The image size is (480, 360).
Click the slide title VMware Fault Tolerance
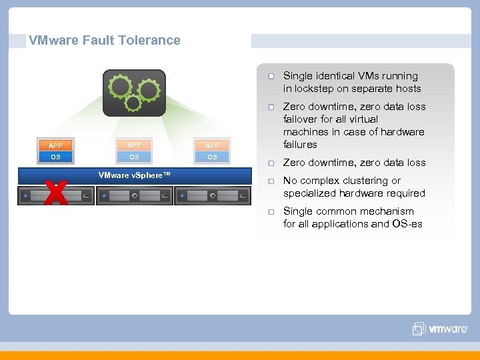pyautogui.click(x=105, y=40)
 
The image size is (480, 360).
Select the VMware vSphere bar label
pyautogui.click(x=134, y=175)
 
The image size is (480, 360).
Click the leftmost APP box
pyautogui.click(x=55, y=145)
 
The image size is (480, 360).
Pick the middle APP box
pyautogui.click(x=134, y=145)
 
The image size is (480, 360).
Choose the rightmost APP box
pyautogui.click(x=212, y=145)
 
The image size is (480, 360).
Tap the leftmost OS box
pyautogui.click(x=55, y=157)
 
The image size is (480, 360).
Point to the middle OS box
pyautogui.click(x=134, y=157)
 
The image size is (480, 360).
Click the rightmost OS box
pyautogui.click(x=212, y=157)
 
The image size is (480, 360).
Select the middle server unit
pyautogui.click(x=134, y=196)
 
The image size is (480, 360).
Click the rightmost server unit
pyautogui.click(x=212, y=196)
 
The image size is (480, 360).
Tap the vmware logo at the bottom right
pyautogui.click(x=441, y=329)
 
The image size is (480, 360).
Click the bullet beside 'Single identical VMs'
pyautogui.click(x=271, y=77)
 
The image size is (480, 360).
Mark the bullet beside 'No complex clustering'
pyautogui.click(x=271, y=181)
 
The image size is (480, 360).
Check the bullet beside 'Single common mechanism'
pyautogui.click(x=271, y=212)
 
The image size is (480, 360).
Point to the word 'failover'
pyautogui.click(x=301, y=119)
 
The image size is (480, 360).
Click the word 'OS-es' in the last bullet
pyautogui.click(x=407, y=224)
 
